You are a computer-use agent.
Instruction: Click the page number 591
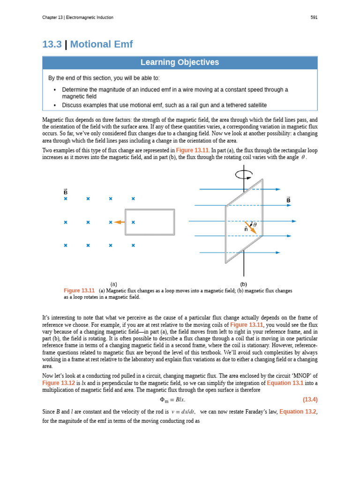tap(314, 18)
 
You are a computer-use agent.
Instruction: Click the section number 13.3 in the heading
tap(52, 45)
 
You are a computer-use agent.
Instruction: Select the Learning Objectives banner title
tap(180, 63)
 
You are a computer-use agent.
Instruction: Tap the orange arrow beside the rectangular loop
tap(119, 222)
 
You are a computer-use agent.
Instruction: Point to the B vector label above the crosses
tap(66, 192)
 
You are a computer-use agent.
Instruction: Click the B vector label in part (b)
tap(288, 200)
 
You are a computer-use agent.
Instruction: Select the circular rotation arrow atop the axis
tap(243, 174)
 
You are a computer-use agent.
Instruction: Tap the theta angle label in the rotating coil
tap(255, 225)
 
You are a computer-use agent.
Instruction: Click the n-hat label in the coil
tap(246, 229)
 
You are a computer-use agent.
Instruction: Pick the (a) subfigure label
tap(113, 284)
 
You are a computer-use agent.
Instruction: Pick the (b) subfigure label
tap(243, 284)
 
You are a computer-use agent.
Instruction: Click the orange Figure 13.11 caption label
tap(79, 291)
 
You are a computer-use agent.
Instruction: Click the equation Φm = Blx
tap(172, 400)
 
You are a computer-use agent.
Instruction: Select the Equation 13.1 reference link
tap(285, 383)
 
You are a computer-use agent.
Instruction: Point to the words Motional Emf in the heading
tap(101, 45)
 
